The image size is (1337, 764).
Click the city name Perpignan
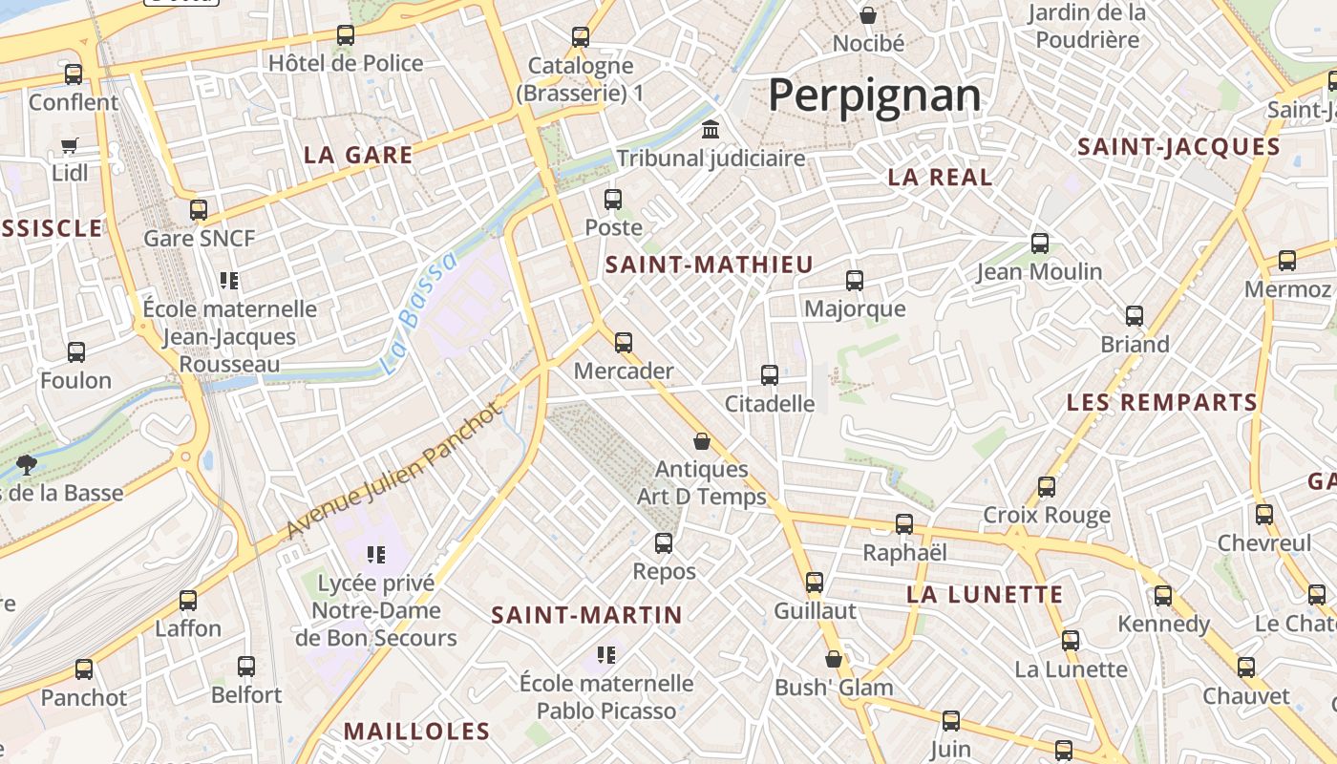pos(874,95)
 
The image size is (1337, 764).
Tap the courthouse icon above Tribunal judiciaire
pos(711,130)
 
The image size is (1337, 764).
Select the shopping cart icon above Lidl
pos(70,146)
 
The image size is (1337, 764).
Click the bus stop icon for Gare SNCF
pos(199,210)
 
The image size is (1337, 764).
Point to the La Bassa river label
pos(418,313)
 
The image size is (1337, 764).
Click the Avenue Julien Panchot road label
pos(393,470)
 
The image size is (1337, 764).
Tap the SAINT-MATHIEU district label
pos(710,265)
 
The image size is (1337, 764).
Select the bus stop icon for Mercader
pos(624,342)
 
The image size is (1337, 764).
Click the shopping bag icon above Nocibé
pos(868,15)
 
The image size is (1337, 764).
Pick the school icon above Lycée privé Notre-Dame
pos(375,555)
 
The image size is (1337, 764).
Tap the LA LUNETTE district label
pos(985,595)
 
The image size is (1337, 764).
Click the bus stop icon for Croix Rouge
pos(1047,487)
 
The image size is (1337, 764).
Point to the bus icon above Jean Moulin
pos(1040,244)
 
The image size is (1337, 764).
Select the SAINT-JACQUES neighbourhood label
pos(1178,147)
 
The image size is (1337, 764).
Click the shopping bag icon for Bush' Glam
pos(834,659)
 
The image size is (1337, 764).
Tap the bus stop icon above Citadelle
pos(770,375)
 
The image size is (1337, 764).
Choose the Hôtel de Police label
pos(346,64)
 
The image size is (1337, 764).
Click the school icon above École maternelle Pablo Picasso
pos(605,655)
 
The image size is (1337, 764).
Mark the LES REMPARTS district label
pos(1162,403)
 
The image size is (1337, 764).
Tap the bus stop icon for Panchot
pos(84,669)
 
